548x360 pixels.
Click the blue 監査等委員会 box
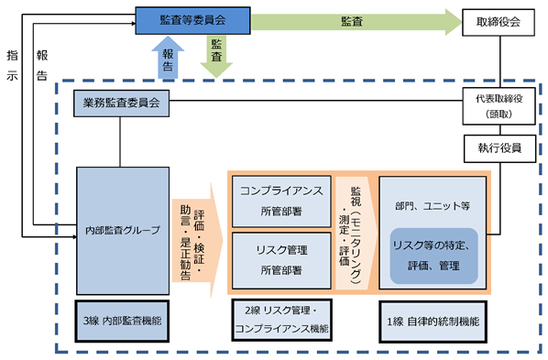[x=193, y=21]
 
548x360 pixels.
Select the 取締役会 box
[x=499, y=22]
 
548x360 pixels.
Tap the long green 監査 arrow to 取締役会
[x=356, y=22]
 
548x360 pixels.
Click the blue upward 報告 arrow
[x=168, y=58]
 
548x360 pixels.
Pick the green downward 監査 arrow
[x=216, y=56]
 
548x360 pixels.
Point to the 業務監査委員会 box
[x=121, y=104]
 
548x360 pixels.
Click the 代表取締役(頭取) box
[x=499, y=106]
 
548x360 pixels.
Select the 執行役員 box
[x=499, y=148]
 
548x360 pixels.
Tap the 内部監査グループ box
[x=123, y=231]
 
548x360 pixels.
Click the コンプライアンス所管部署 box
[x=281, y=202]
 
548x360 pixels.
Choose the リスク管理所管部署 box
[x=281, y=260]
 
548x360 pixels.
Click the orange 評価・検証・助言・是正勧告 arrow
[x=197, y=241]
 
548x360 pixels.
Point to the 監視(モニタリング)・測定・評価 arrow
[x=356, y=233]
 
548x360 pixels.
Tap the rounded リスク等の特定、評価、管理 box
[x=433, y=256]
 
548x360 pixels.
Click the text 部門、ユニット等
[x=433, y=206]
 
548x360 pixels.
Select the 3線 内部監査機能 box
[x=122, y=321]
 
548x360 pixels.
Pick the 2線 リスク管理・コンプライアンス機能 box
[x=281, y=320]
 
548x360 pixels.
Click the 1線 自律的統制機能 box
[x=433, y=322]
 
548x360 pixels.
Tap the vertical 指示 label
[x=12, y=65]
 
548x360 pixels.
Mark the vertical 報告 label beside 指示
[x=42, y=65]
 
